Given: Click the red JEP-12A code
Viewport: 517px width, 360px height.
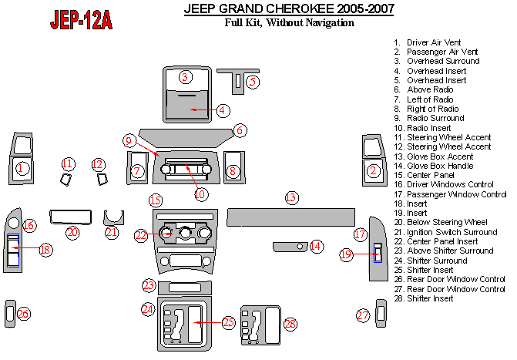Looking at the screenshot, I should pyautogui.click(x=81, y=20).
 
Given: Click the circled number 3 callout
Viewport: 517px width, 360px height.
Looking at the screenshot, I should pyautogui.click(x=185, y=76).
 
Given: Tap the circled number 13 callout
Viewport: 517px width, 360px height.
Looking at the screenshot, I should pyautogui.click(x=291, y=197).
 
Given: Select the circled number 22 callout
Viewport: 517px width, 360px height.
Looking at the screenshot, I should pyautogui.click(x=140, y=235).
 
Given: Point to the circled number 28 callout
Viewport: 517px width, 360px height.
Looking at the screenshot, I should pyautogui.click(x=290, y=325).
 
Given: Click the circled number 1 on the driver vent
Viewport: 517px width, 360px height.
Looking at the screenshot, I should pyautogui.click(x=23, y=168).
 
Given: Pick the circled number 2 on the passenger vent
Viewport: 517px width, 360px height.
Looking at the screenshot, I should pyautogui.click(x=374, y=170).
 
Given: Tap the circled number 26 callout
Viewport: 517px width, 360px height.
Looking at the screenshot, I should pyautogui.click(x=23, y=313).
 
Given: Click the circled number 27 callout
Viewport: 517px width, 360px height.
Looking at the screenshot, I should pyautogui.click(x=363, y=315).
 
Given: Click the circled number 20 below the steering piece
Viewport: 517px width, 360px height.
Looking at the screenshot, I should pyautogui.click(x=72, y=232).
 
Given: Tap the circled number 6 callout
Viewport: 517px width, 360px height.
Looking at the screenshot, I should pyautogui.click(x=240, y=130).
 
